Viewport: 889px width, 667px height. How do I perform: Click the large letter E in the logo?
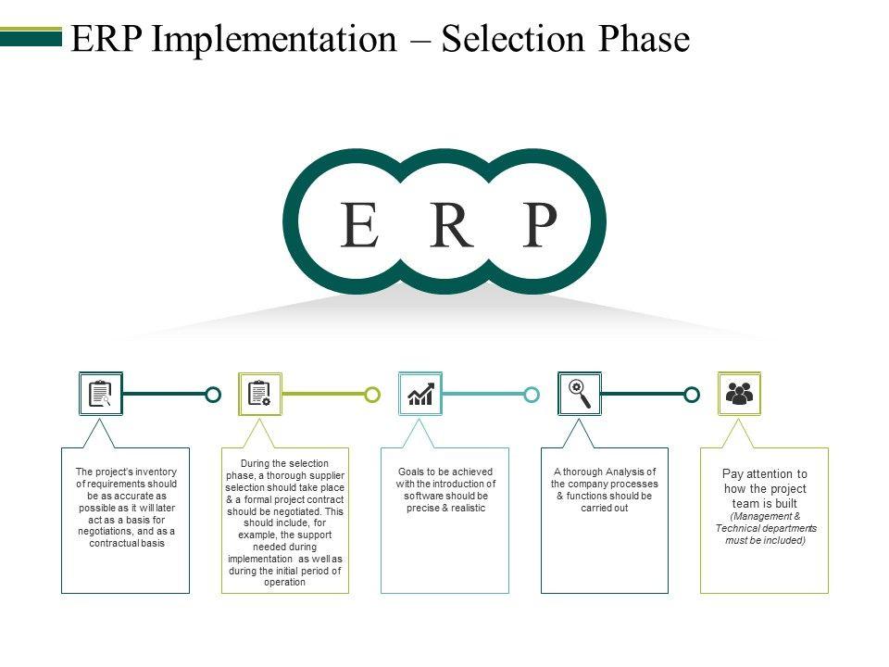359,224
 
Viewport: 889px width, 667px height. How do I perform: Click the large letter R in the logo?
451,224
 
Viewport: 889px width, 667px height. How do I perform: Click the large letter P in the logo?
539,224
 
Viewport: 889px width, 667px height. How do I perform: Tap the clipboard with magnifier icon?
100,394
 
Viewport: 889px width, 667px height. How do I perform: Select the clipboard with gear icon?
259,394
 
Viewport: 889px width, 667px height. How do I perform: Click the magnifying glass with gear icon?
580,394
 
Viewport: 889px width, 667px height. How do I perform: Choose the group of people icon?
739,394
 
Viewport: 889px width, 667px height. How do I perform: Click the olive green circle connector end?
372,395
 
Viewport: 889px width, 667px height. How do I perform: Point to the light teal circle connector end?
532,395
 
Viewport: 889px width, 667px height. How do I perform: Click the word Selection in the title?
512,39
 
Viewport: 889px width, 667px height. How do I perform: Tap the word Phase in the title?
645,39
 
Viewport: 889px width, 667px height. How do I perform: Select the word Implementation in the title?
274,40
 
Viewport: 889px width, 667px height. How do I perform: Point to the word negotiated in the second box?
289,511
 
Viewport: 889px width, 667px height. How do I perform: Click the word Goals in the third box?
410,472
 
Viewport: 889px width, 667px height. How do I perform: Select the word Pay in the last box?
732,474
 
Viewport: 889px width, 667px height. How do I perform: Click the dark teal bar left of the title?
31,39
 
